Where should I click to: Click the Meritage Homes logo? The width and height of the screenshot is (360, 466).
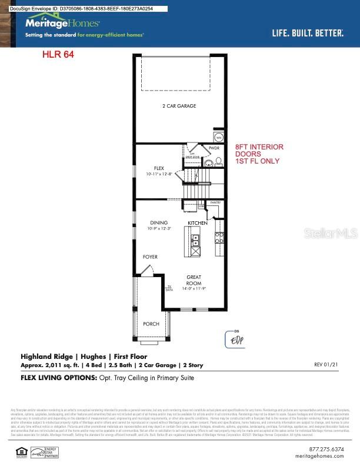pos(62,24)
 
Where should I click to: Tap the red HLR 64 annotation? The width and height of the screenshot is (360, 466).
pos(58,55)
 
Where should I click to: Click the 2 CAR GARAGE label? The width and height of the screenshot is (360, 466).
pos(179,106)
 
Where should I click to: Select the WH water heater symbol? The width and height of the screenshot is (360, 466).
pos(218,137)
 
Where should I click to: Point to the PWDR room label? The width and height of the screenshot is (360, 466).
pos(214,148)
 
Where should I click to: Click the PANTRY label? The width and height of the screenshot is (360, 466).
pos(215,202)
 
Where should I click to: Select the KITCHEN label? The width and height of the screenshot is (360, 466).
pos(198,223)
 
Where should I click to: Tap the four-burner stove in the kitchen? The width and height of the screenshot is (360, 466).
pos(219,238)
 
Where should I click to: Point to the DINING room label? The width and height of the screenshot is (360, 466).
pos(159,223)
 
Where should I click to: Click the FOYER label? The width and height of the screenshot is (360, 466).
pos(150,257)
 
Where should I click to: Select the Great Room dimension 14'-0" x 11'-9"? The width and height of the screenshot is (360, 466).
pos(194,289)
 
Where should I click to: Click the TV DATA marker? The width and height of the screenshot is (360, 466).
pos(169,288)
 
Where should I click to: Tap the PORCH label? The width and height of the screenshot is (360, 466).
pos(151,324)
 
